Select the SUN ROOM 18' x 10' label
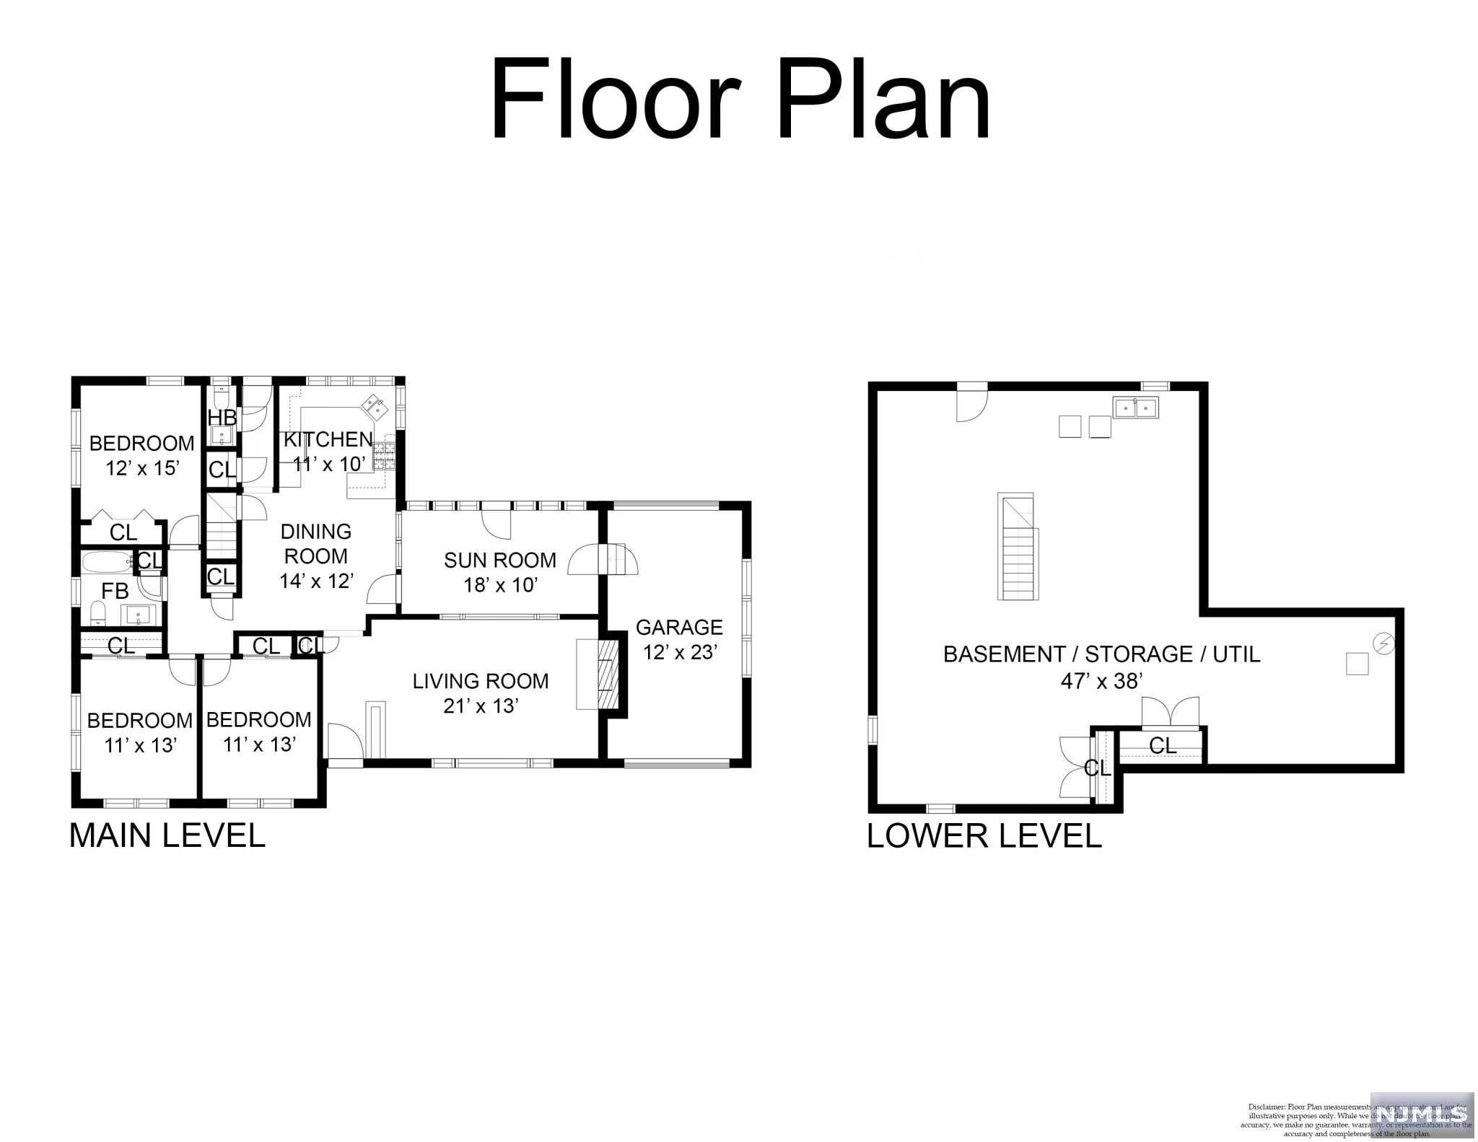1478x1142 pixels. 500,572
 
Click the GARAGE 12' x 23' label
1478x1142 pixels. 679,639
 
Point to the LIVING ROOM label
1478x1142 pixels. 481,693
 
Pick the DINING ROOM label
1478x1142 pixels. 316,555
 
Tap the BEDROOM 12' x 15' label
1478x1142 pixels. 141,455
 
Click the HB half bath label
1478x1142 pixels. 222,418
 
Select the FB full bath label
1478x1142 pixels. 115,592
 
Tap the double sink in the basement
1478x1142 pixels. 1137,408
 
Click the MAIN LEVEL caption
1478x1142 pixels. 167,835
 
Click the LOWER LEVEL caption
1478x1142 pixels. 984,835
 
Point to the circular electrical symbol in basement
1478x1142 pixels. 1383,643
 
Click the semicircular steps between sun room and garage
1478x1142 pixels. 603,560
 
